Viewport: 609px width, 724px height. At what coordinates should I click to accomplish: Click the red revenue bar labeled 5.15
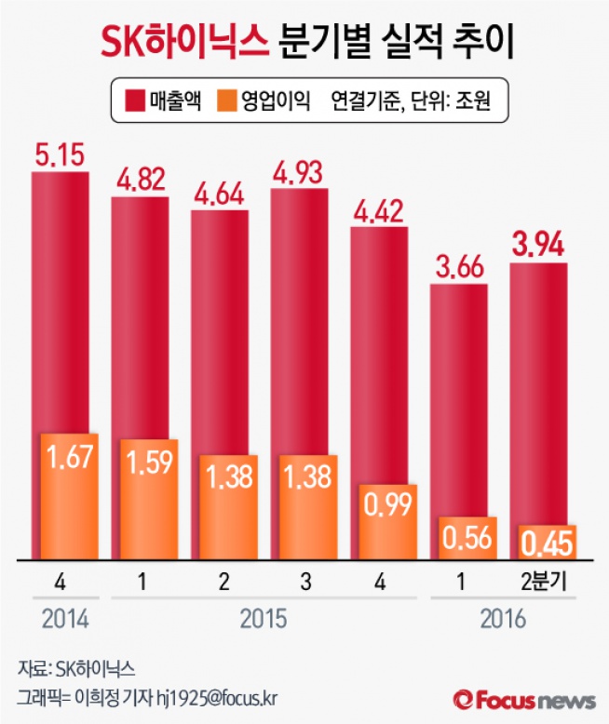point(60,298)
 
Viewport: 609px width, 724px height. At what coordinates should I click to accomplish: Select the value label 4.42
point(379,210)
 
